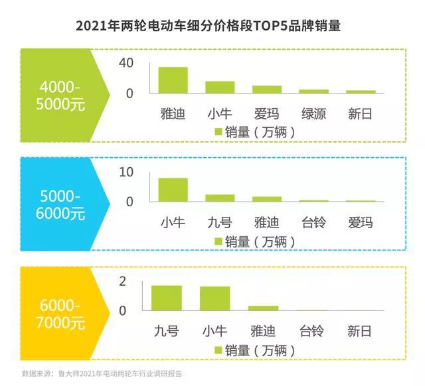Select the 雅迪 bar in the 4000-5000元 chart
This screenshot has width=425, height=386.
(x=173, y=80)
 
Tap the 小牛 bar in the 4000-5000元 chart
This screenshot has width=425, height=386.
(x=220, y=87)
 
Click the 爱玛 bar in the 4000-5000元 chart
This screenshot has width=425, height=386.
(x=266, y=89)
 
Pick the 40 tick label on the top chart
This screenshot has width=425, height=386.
(x=127, y=63)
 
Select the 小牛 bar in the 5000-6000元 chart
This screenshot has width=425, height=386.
(x=173, y=189)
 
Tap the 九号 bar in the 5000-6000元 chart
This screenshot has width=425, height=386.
(x=220, y=197)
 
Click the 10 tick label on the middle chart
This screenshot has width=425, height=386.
(x=126, y=172)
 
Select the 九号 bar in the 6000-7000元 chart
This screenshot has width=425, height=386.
(x=167, y=298)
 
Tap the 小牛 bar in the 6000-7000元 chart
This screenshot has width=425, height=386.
(x=214, y=298)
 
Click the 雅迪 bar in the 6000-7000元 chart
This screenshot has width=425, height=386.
(x=263, y=308)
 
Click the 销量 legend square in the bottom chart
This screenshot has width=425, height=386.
(x=218, y=350)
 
